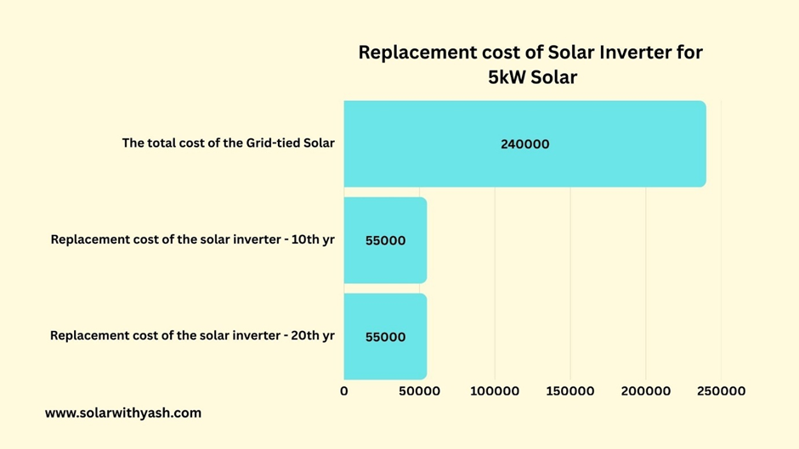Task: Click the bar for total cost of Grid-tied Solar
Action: [595, 143]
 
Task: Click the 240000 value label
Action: [524, 144]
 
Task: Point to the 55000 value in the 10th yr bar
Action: [385, 240]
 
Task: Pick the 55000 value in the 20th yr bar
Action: [385, 337]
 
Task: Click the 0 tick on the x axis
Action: [344, 391]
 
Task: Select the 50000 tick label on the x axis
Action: [419, 391]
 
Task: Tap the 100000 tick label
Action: [495, 391]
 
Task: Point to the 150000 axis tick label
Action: [570, 391]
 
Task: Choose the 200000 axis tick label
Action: [646, 391]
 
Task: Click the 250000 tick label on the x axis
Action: [721, 391]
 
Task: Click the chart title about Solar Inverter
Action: [531, 64]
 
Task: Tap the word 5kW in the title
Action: [507, 77]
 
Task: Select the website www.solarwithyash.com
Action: [123, 413]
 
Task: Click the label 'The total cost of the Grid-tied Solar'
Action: [228, 143]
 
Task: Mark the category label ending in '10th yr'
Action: [192, 239]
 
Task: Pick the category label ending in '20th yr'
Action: [192, 335]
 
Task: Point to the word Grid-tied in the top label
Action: [274, 143]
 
